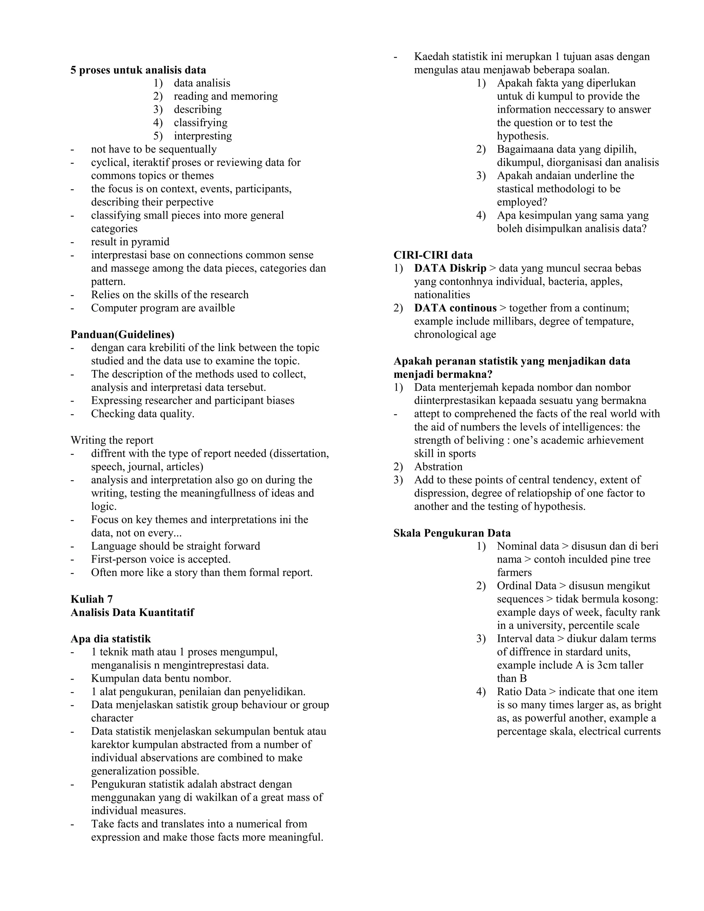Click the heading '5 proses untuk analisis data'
(x=138, y=70)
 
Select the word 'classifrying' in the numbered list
(x=201, y=123)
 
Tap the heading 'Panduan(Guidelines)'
(x=122, y=334)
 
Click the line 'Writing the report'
(x=112, y=440)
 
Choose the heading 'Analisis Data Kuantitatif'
(x=132, y=612)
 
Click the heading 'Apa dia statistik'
(x=111, y=639)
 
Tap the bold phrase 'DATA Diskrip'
(x=450, y=268)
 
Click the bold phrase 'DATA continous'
(x=455, y=308)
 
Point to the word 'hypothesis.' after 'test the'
(x=522, y=136)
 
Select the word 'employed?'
(x=522, y=202)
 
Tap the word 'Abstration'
(x=438, y=467)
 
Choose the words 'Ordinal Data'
(x=526, y=586)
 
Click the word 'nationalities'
(x=442, y=295)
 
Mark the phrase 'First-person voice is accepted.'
(x=161, y=559)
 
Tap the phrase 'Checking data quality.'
(x=143, y=414)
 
